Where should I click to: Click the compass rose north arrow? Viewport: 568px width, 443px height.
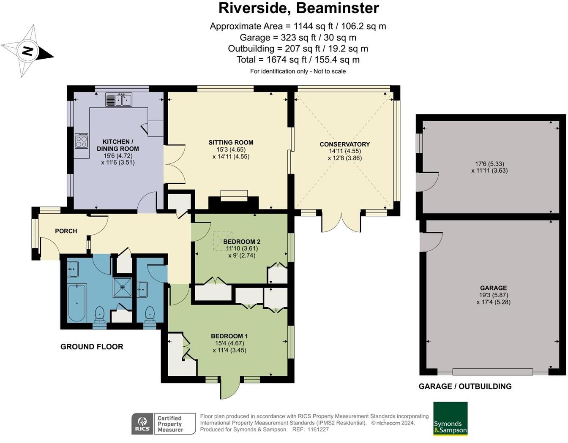click(27, 52)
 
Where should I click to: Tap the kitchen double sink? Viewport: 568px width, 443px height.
click(119, 100)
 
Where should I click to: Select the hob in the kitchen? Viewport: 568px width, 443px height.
click(82, 141)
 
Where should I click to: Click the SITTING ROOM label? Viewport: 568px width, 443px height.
click(231, 143)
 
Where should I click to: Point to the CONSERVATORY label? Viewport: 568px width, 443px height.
click(344, 144)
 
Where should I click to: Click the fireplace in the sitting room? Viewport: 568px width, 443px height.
click(234, 195)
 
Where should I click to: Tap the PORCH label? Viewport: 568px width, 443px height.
click(66, 231)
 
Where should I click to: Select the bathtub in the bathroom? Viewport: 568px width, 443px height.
click(77, 302)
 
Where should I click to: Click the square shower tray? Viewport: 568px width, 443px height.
click(123, 287)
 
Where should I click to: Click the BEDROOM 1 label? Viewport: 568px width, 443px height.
click(229, 336)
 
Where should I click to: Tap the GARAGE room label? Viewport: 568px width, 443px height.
click(493, 288)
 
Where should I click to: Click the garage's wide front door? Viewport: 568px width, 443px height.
click(492, 372)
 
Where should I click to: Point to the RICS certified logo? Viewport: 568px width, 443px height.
click(164, 424)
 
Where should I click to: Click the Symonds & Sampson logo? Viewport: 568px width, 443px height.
click(450, 419)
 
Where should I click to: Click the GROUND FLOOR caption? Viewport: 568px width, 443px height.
click(92, 347)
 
